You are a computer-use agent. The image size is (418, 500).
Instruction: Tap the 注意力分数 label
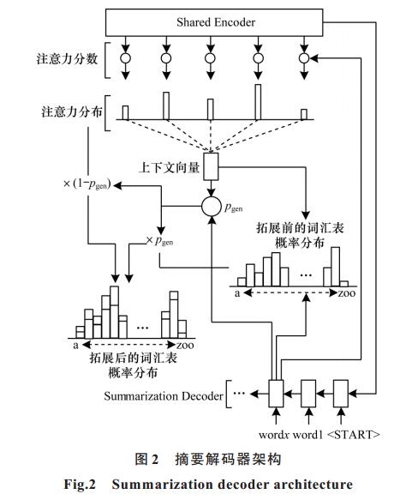[x=67, y=59]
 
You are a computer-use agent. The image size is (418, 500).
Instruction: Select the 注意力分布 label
[x=72, y=112]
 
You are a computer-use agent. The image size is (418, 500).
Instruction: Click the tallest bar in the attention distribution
[x=258, y=102]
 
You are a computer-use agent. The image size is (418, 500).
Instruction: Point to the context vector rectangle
[x=211, y=166]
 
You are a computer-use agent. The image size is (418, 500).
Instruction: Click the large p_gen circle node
[x=211, y=207]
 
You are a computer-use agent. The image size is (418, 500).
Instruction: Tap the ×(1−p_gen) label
[x=87, y=184]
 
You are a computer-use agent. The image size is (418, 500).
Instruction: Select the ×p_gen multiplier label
[x=159, y=241]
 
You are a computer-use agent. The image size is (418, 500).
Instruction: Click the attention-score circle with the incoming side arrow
[x=304, y=58]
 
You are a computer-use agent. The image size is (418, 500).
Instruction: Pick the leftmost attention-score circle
[x=126, y=58]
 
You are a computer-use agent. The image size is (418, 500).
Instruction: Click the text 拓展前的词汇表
[x=300, y=228]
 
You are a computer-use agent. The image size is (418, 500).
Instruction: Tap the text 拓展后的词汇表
[x=133, y=358]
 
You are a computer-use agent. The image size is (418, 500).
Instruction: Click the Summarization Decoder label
[x=164, y=396]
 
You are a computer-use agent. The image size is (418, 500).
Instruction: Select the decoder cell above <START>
[x=341, y=394]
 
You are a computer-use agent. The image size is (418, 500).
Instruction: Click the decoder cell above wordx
[x=276, y=394]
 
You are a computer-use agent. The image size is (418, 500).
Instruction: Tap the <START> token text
[x=354, y=435]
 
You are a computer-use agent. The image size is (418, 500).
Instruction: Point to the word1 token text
[x=308, y=435]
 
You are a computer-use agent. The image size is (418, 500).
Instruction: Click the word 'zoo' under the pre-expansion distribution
[x=347, y=293]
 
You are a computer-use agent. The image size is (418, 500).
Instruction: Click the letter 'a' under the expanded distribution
[x=75, y=346]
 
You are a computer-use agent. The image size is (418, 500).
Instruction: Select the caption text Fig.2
[x=80, y=484]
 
